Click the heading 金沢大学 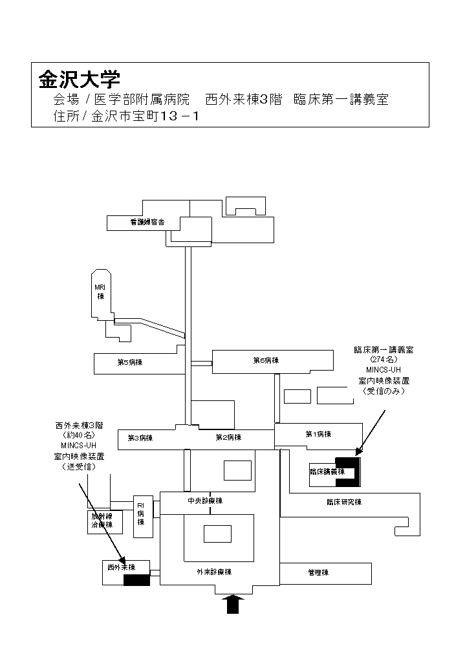80,80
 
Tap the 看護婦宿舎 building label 147,222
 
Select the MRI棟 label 100,292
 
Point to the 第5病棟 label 129,362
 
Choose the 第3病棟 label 140,438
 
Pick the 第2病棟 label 228,438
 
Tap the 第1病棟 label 318,434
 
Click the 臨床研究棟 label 344,502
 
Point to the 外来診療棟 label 214,572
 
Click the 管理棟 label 319,572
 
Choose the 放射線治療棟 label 102,521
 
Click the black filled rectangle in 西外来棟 136,580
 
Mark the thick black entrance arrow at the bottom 233,604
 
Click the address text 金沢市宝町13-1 146,117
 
